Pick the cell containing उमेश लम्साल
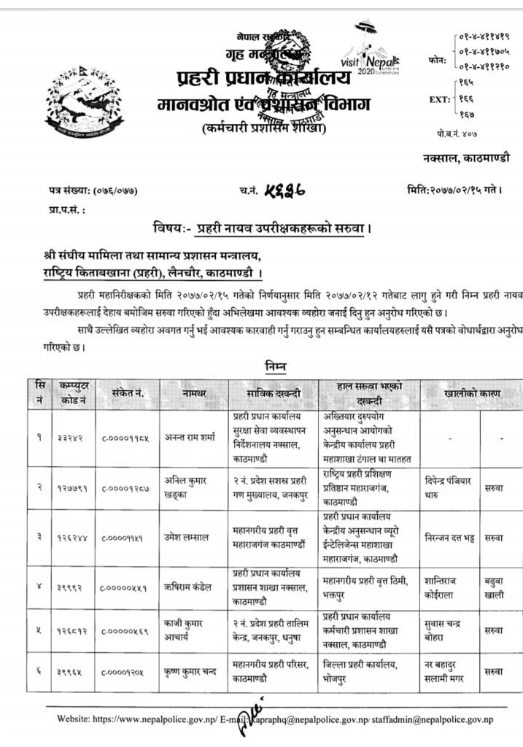click(x=193, y=537)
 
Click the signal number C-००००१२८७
click(x=123, y=488)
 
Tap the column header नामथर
click(x=195, y=394)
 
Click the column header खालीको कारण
click(x=472, y=394)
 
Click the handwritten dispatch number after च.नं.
click(x=281, y=190)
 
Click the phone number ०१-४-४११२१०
click(x=486, y=63)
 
